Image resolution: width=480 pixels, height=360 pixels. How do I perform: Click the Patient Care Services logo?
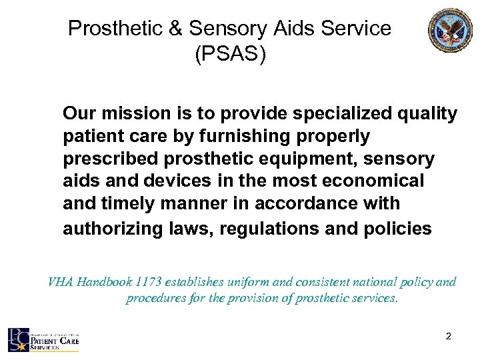tap(43, 339)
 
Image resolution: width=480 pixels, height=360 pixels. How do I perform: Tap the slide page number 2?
tap(449, 337)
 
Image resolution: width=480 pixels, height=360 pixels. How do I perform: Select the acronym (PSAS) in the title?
tap(230, 55)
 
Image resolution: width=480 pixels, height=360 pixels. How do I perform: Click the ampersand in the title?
tap(175, 29)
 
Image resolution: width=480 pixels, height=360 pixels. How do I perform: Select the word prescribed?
tap(106, 160)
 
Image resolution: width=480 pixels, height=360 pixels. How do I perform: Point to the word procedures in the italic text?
tap(156, 299)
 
